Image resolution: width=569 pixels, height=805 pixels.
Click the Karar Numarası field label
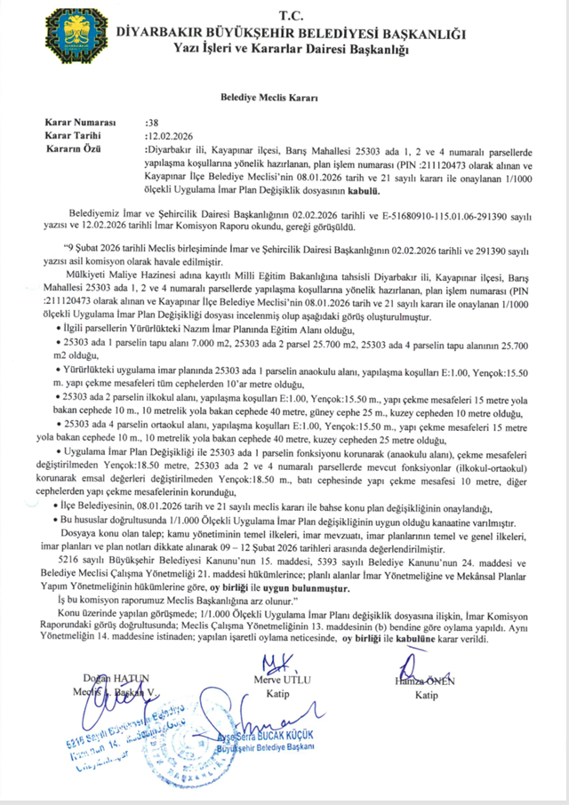coord(81,121)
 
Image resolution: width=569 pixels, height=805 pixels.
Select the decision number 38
coord(150,121)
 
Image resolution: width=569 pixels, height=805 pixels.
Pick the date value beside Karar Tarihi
coord(169,135)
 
